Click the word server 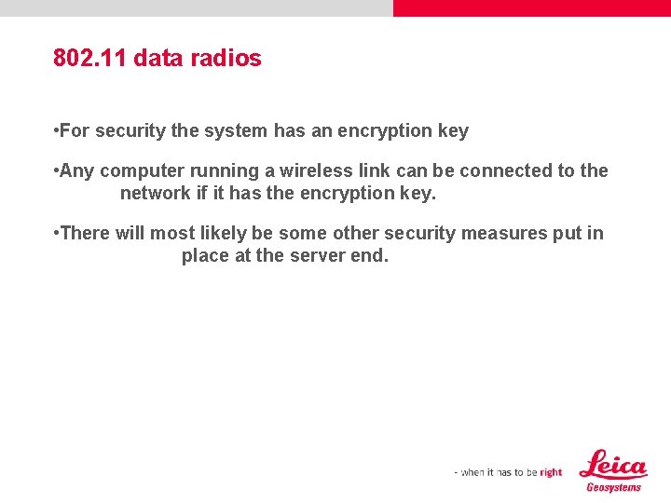316,255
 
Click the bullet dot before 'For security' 57,131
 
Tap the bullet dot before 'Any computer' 57,171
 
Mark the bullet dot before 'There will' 57,233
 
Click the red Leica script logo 612,464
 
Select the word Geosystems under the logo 613,487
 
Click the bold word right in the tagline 551,472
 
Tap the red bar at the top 531,7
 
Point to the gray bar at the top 196,7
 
